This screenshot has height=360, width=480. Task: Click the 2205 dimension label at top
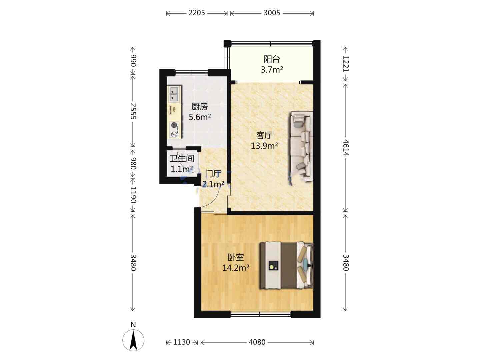(x=196, y=13)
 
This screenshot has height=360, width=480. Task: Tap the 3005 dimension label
(x=272, y=13)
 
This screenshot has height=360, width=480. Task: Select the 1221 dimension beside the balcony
(x=345, y=64)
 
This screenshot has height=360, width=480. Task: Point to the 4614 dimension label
(x=345, y=147)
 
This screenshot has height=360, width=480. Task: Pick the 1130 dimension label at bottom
(x=182, y=342)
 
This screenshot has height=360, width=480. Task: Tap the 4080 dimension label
(x=257, y=342)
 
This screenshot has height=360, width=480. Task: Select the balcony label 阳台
(x=272, y=59)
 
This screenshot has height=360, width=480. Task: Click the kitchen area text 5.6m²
(x=200, y=117)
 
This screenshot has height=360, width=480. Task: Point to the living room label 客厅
(x=264, y=136)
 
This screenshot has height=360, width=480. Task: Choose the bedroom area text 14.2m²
(x=236, y=268)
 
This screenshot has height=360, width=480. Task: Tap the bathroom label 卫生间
(x=182, y=158)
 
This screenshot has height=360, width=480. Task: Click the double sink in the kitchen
(x=174, y=94)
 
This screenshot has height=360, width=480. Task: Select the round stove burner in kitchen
(x=174, y=125)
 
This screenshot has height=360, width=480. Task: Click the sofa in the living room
(x=302, y=146)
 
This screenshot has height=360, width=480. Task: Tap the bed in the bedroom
(x=286, y=265)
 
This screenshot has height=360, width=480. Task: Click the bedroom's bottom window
(x=260, y=315)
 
